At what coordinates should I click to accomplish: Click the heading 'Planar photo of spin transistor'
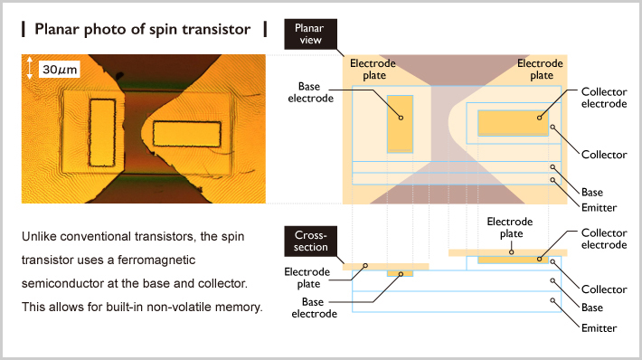tap(142, 29)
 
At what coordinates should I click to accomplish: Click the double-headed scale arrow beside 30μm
tap(31, 69)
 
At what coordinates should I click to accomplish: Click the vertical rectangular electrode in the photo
tap(102, 133)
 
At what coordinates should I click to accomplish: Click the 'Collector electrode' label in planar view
tap(603, 98)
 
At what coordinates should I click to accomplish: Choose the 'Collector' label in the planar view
tap(603, 155)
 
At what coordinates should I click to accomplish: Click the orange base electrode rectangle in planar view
tap(400, 121)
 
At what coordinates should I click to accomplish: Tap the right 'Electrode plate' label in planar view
tap(541, 70)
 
